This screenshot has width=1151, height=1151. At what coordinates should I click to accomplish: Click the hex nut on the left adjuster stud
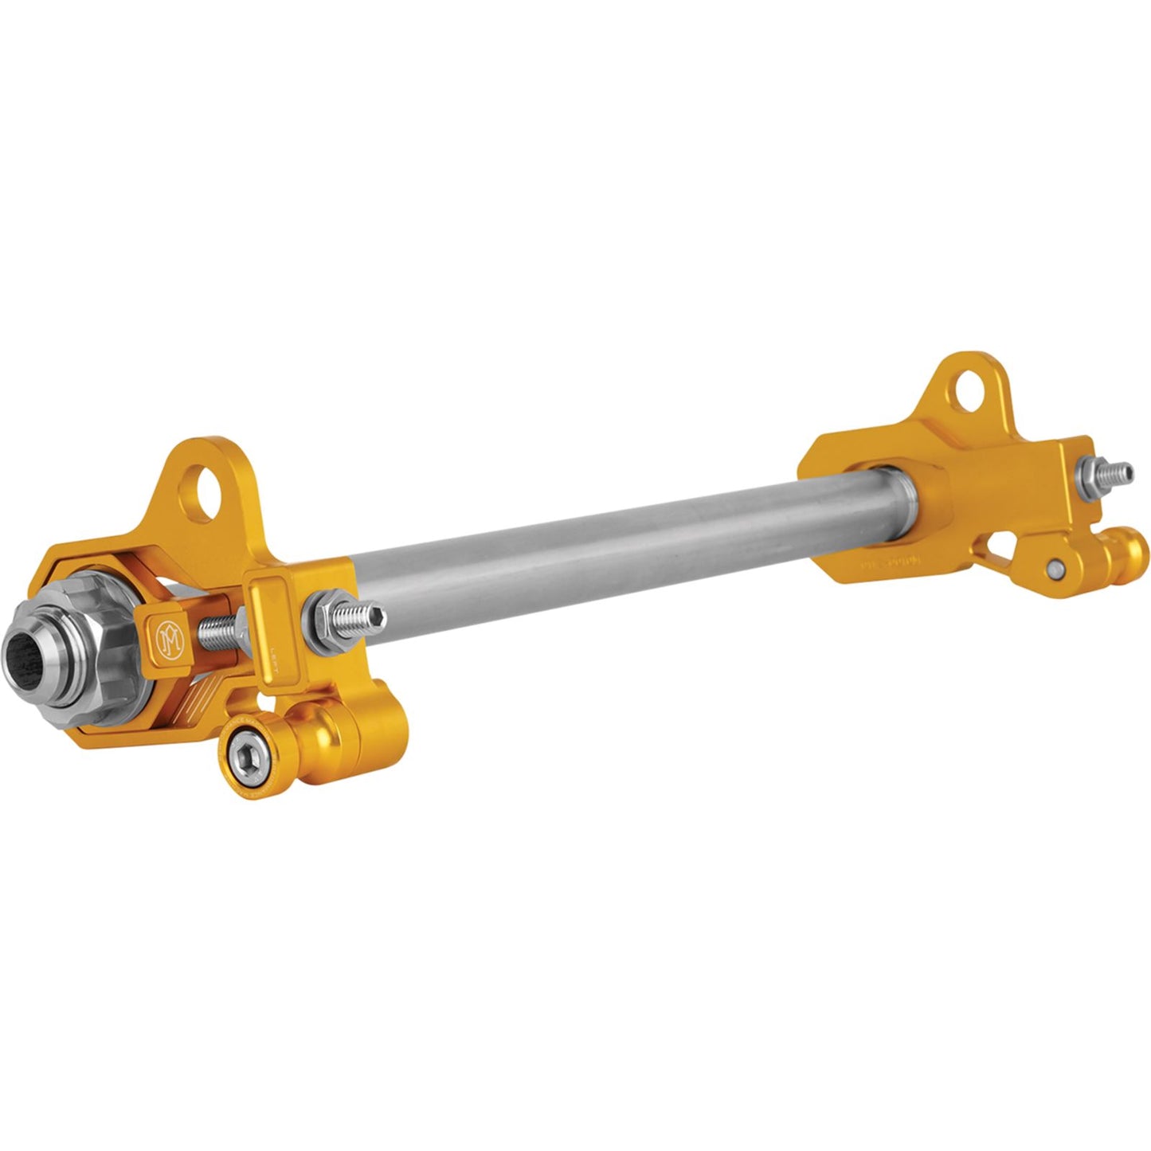pos(329,609)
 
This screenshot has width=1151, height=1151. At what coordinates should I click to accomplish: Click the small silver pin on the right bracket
pos(1055,567)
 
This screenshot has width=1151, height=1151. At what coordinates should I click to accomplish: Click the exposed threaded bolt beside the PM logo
pos(218,626)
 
